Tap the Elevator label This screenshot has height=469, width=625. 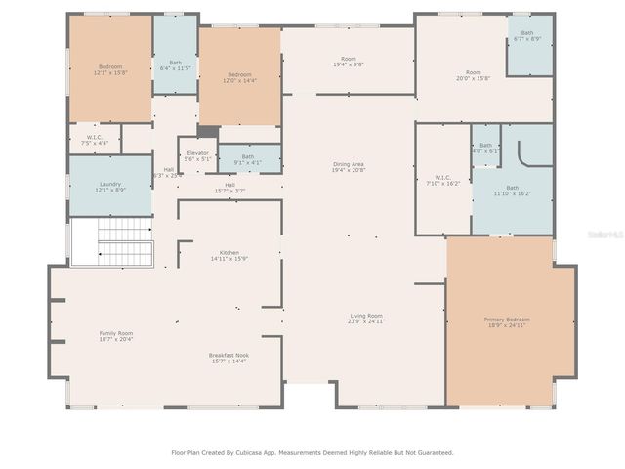197,155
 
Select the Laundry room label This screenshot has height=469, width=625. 109,187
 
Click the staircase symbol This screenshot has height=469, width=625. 110,241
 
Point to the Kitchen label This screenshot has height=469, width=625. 229,255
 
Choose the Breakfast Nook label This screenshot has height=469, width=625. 229,358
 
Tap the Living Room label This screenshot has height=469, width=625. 366,319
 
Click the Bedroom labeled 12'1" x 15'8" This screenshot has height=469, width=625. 108,69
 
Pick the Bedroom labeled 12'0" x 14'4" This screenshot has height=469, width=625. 240,77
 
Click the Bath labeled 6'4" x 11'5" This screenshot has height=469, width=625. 176,65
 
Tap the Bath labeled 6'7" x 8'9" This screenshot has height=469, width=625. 527,36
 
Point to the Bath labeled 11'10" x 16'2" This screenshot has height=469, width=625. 513,191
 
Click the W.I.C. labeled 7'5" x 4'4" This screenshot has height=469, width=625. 95,140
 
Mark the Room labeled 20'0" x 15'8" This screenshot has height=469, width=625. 474,75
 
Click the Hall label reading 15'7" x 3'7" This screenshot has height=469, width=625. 229,188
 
